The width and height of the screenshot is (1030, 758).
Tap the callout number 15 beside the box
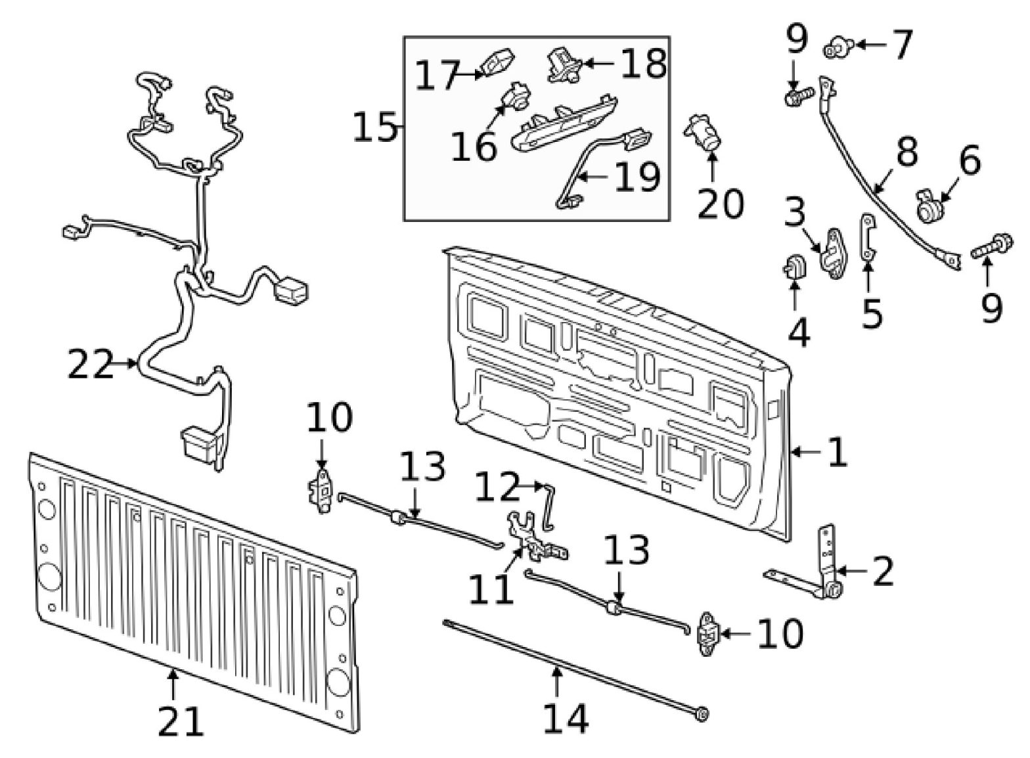tap(375, 127)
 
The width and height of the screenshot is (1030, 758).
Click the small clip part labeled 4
tap(794, 267)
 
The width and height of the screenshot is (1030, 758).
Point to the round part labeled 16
tap(517, 98)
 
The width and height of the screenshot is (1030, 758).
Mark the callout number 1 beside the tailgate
tap(836, 452)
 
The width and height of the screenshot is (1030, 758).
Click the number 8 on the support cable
tap(907, 152)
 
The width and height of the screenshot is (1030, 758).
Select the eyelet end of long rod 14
tap(702, 715)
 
